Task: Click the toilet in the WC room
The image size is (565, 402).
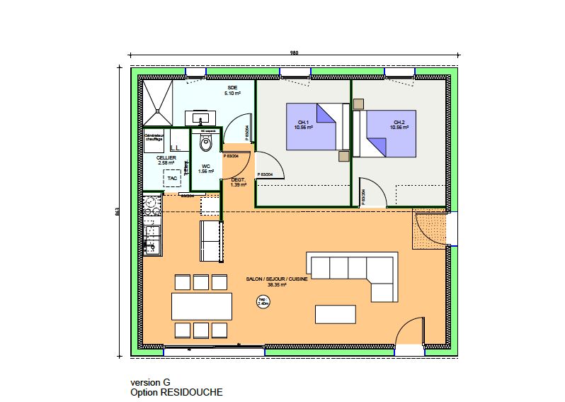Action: pyautogui.click(x=206, y=144)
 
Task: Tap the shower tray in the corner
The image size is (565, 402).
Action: pyautogui.click(x=156, y=101)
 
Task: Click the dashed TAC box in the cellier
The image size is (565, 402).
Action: pyautogui.click(x=172, y=179)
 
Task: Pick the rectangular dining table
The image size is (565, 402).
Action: pyautogui.click(x=201, y=306)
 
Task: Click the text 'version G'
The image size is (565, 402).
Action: pyautogui.click(x=150, y=381)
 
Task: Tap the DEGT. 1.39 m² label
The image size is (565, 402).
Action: pyautogui.click(x=239, y=182)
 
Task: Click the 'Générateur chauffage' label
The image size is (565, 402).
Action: pyautogui.click(x=154, y=137)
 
